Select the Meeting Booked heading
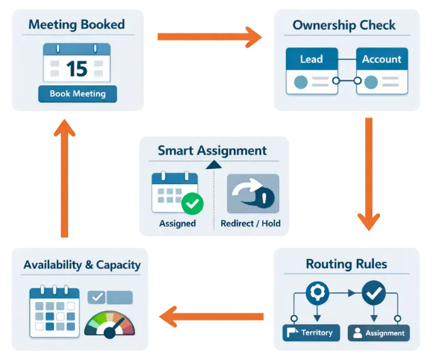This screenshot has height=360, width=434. pos(76,25)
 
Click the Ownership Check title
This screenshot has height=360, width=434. pos(343,25)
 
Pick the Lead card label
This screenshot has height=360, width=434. pos(311,59)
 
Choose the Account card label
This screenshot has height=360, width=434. pos(381,59)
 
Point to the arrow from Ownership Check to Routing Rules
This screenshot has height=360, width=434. pos(368,174)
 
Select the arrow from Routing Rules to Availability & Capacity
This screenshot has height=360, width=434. pos(213,316)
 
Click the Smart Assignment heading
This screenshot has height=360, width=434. pos(212,151)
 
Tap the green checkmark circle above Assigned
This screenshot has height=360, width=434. pos(192,202)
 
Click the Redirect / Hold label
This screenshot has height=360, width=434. pos(250,223)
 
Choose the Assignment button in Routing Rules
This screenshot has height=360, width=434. pos(379,333)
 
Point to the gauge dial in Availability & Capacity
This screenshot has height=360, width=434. pos(109,324)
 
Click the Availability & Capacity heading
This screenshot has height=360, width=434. pos(82,265)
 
